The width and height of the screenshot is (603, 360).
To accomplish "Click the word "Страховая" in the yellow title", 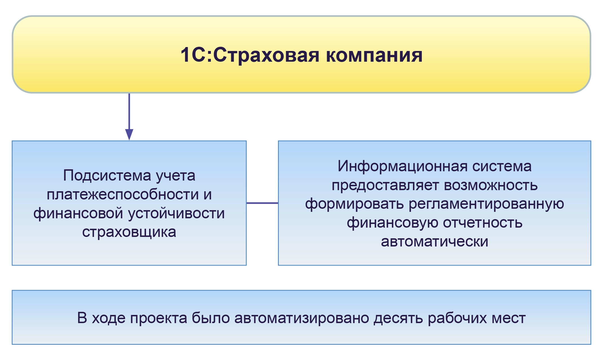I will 266,55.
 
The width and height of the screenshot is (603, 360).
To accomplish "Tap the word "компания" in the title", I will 374,55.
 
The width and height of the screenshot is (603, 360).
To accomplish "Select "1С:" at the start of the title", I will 196,55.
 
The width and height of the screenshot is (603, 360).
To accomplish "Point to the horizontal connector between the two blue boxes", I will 262,203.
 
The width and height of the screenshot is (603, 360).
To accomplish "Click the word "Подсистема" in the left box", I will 107,176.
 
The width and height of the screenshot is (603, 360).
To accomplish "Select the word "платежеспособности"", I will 123,194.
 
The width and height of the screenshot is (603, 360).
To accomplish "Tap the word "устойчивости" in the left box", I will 176,213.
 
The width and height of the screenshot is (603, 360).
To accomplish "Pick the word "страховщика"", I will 129,232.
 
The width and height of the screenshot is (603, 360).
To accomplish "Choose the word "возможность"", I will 491,185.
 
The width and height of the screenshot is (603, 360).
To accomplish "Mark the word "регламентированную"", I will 486,204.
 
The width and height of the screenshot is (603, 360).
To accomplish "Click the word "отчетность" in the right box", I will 483,223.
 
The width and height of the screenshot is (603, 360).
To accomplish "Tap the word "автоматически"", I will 434,242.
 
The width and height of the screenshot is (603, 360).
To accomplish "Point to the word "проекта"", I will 159,318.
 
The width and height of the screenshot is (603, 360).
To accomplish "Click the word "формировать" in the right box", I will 354,204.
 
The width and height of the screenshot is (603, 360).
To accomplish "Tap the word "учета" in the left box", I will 175,176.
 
